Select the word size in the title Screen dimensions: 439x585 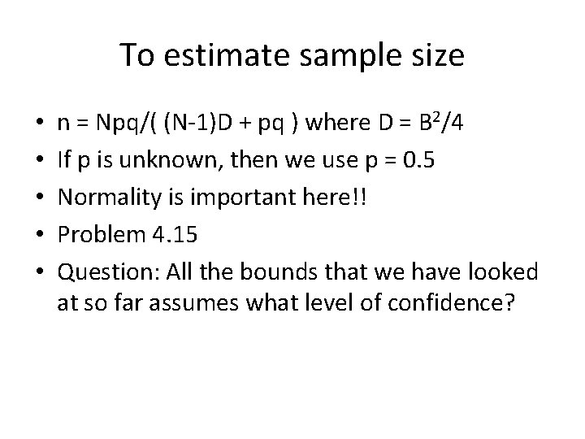click(x=435, y=57)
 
